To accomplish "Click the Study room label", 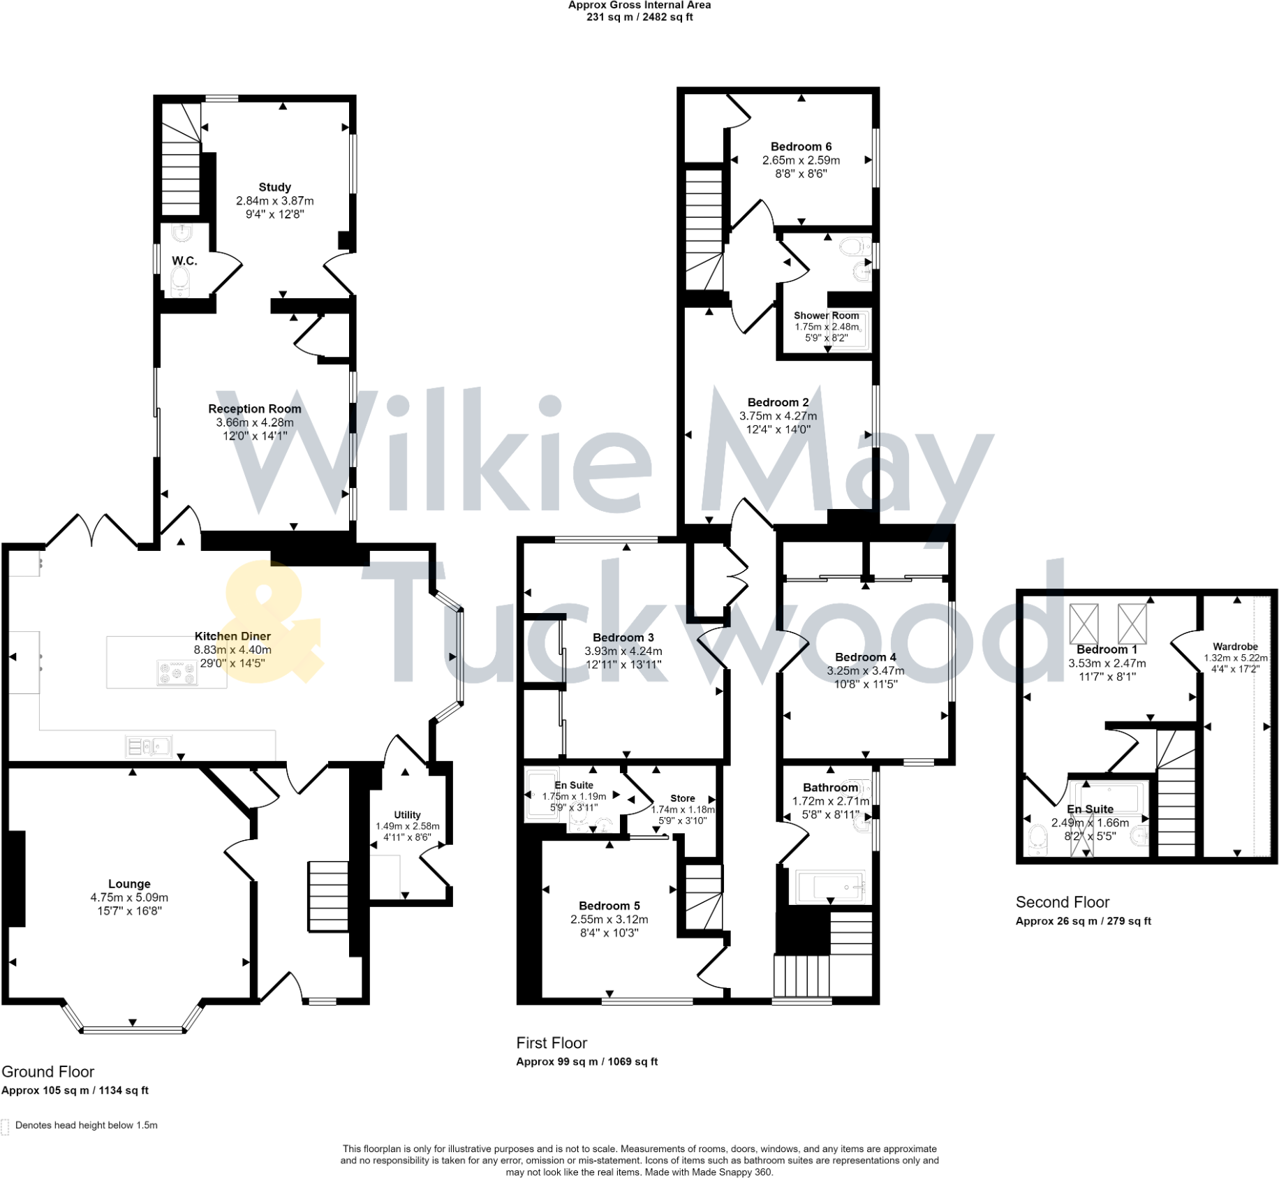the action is (x=274, y=187).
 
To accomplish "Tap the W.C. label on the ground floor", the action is (x=184, y=260).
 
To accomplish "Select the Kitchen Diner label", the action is (x=232, y=636).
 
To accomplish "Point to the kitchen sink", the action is (x=149, y=746).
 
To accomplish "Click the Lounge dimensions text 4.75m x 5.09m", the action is (x=129, y=897).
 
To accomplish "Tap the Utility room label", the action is (x=407, y=815).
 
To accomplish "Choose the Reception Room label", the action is (x=255, y=408).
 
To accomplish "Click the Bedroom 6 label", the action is (x=801, y=147).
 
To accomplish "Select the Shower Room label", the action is (x=826, y=316).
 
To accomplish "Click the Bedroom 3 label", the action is (x=623, y=638).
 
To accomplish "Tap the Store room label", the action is (x=683, y=798).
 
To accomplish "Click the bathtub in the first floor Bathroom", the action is (x=830, y=887).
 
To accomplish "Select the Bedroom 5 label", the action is (x=609, y=906).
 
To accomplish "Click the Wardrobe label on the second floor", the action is (x=1235, y=647).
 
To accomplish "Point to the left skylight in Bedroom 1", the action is (x=1084, y=623).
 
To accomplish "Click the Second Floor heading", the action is (x=1063, y=902).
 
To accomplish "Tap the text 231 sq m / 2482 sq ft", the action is (x=639, y=17).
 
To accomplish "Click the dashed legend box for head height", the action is (x=5, y=1127).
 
